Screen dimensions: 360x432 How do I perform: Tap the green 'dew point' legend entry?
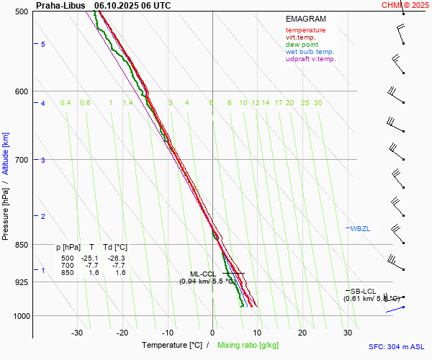click(x=302, y=45)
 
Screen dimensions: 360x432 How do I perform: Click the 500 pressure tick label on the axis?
click(x=21, y=12)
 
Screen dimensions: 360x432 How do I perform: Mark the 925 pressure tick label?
click(x=21, y=282)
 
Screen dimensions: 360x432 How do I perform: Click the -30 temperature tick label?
click(x=77, y=333)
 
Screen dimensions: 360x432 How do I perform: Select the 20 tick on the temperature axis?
click(x=302, y=333)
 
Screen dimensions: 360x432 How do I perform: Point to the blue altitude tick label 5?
click(x=43, y=45)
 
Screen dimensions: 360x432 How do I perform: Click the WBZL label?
click(x=360, y=228)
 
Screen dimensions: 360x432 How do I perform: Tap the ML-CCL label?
click(x=203, y=274)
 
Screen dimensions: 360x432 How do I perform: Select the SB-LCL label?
click(x=364, y=291)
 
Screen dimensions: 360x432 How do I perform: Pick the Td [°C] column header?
click(x=114, y=247)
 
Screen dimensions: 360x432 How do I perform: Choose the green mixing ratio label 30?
click(x=318, y=103)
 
